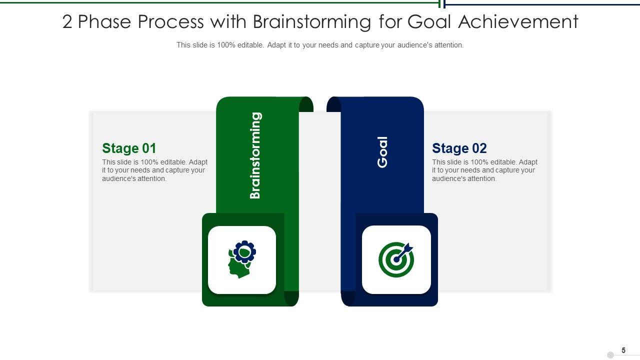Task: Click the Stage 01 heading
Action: [x=129, y=148]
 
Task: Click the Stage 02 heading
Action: [x=459, y=148]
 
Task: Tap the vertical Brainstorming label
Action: [x=255, y=155]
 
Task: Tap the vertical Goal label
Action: [x=382, y=152]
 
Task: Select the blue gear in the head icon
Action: [x=244, y=251]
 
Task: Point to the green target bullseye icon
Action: [x=396, y=259]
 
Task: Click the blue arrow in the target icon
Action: [x=403, y=252]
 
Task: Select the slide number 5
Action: [x=623, y=350]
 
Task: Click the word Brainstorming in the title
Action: [x=312, y=22]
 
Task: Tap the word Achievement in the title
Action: [x=518, y=21]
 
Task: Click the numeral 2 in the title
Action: [x=67, y=22]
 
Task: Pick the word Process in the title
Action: [x=171, y=22]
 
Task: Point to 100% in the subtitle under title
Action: [x=226, y=45]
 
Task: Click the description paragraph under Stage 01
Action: [x=154, y=170]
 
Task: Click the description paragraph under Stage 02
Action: [x=484, y=170]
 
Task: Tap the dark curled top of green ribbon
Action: [x=306, y=104]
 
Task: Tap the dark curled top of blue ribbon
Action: [x=334, y=104]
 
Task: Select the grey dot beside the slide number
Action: [x=610, y=355]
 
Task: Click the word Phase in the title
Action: [x=104, y=22]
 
